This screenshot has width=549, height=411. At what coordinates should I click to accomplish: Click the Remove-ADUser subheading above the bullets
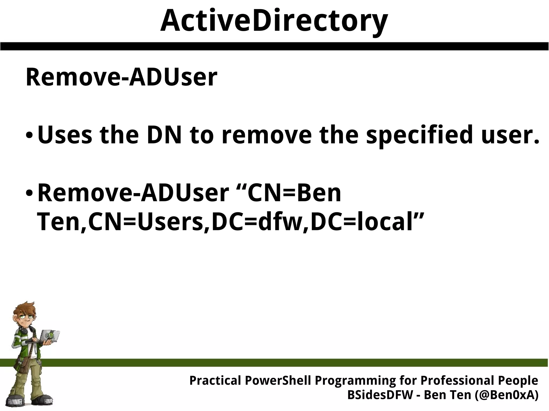pos(121,78)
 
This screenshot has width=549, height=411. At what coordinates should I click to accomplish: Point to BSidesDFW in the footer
pos(380,395)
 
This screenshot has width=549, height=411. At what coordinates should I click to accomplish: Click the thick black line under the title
pos(274,46)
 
